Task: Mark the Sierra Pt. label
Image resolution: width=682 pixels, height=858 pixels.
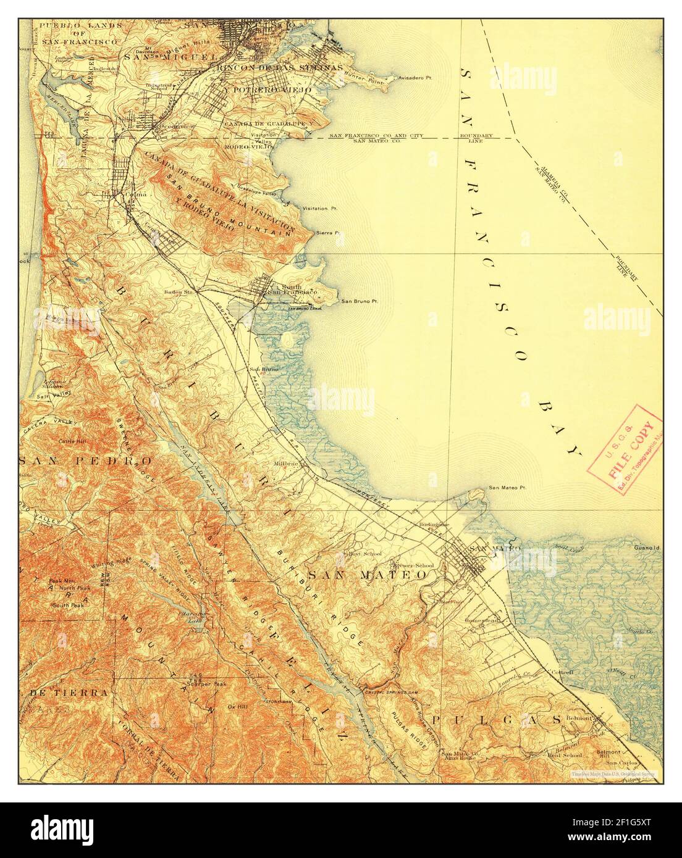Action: (328, 233)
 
